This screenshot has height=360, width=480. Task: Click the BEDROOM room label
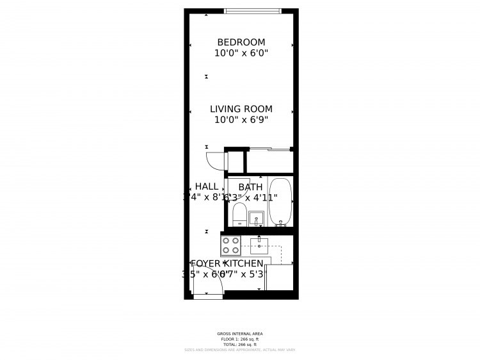241,42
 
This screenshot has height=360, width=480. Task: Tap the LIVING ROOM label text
241,109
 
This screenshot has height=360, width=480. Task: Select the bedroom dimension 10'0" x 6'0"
241,54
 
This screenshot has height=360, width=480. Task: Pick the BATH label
250,187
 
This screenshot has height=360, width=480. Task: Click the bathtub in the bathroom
280,202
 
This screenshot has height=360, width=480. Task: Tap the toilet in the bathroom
239,214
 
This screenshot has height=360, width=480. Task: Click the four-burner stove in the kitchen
230,245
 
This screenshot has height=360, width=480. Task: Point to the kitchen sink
259,245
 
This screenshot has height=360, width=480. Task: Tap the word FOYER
205,264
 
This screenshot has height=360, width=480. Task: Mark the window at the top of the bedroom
252,10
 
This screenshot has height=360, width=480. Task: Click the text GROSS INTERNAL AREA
240,334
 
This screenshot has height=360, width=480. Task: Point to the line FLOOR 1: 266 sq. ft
240,340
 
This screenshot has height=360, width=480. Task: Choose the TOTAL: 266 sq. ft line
240,345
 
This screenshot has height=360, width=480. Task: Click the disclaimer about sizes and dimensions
240,350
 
